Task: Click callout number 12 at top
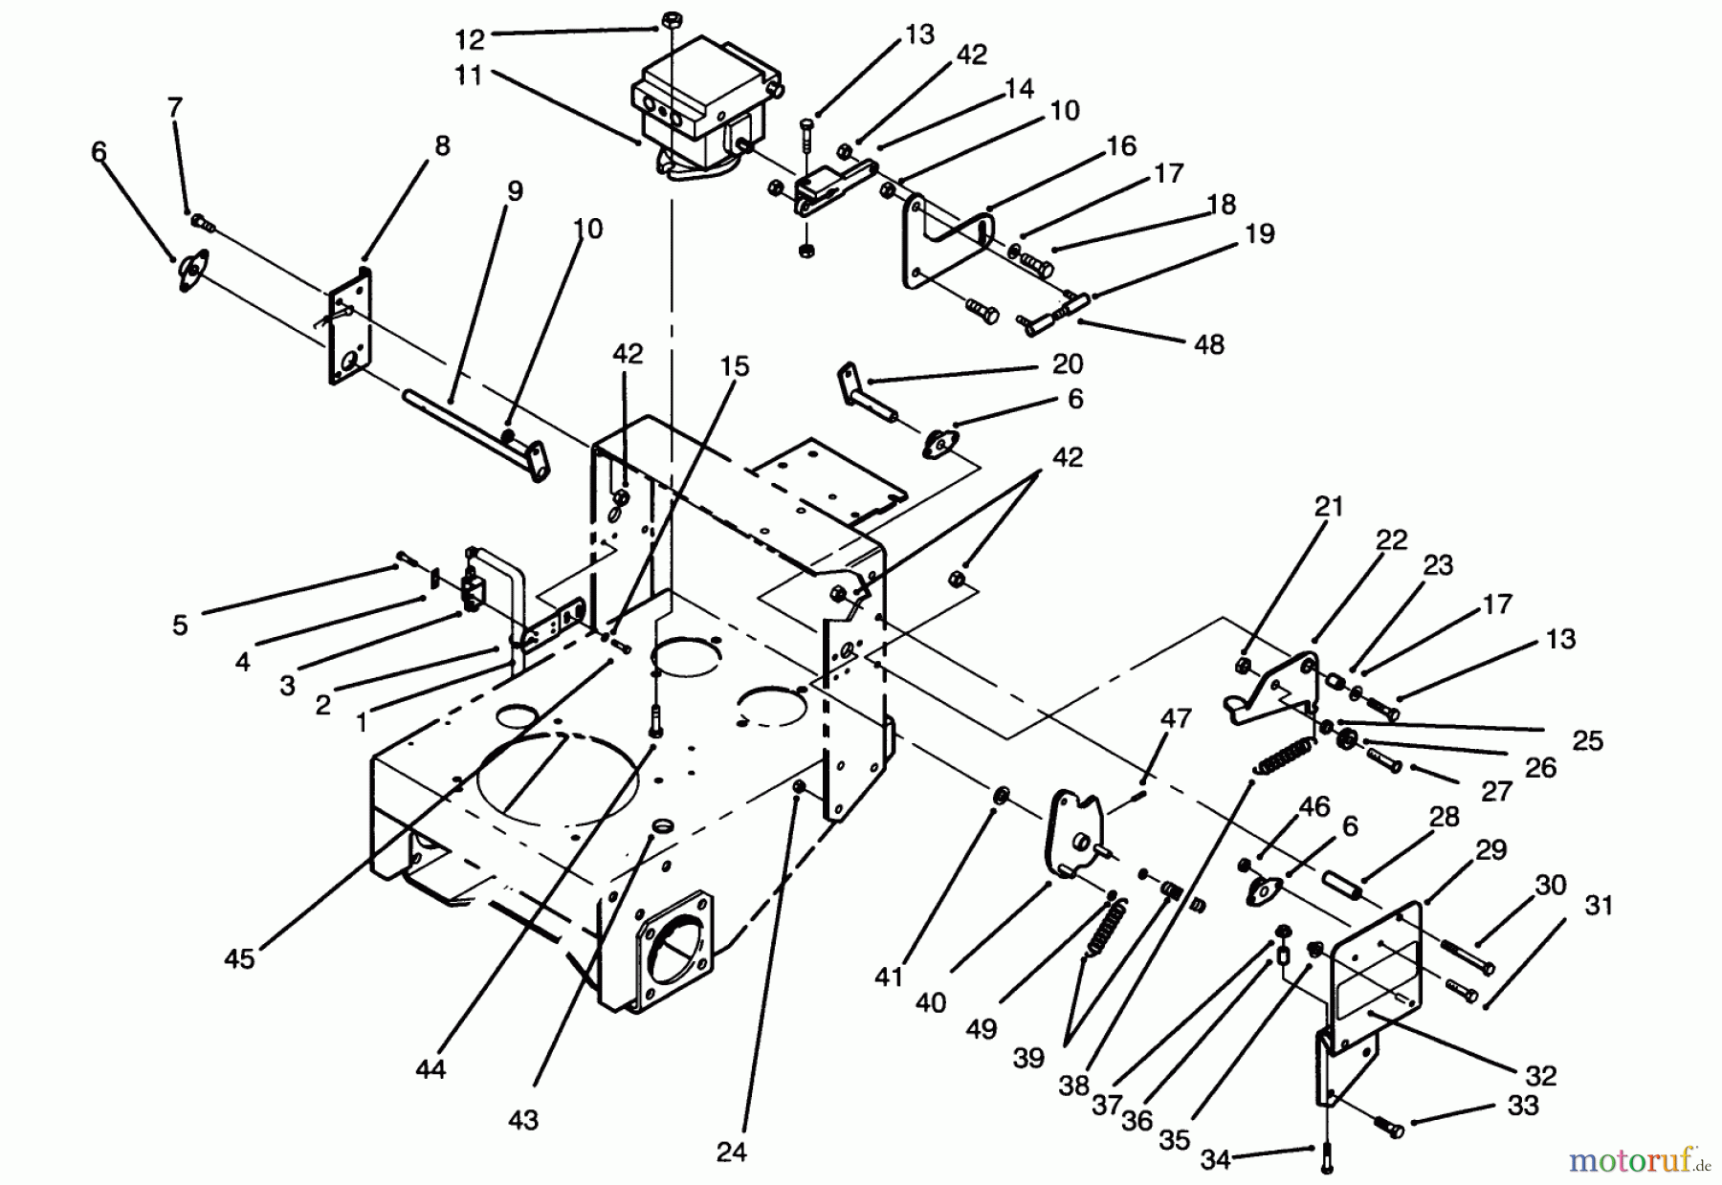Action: [x=471, y=39]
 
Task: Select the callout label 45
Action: [x=239, y=957]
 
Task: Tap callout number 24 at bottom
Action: [x=731, y=1152]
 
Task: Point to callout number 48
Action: [x=1209, y=344]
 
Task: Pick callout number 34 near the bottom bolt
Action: [x=1215, y=1160]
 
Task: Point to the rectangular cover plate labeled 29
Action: [x=1378, y=966]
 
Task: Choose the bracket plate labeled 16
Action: [x=947, y=244]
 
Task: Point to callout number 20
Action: [x=1068, y=364]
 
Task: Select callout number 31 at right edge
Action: [x=1599, y=905]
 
